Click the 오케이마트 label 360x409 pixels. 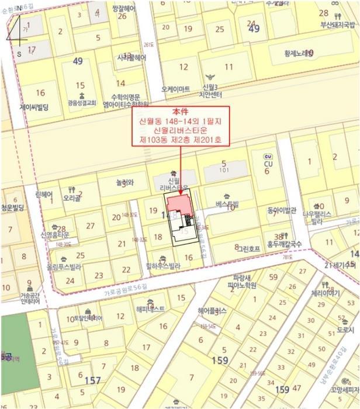[176, 89]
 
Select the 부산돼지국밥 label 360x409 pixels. [337, 25]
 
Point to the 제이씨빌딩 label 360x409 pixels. [34, 108]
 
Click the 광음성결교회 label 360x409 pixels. [80, 102]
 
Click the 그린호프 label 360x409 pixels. [248, 248]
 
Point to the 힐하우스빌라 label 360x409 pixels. [163, 265]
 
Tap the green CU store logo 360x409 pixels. [268, 157]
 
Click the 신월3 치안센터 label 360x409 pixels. [214, 89]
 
